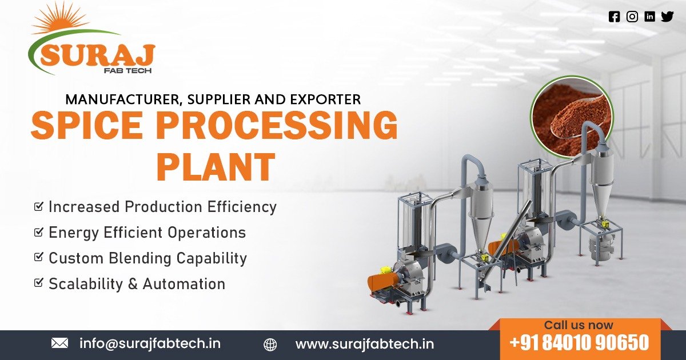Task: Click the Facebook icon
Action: pos(615,17)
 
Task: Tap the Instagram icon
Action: pos(632,17)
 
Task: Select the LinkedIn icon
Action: pos(649,17)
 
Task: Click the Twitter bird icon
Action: pos(667,17)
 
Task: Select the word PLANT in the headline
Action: pos(216,167)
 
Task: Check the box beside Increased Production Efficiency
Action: pos(39,206)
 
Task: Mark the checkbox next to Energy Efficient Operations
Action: pos(39,232)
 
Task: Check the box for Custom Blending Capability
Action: pos(39,258)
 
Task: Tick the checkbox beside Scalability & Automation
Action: pos(39,283)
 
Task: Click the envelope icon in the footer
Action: pos(59,343)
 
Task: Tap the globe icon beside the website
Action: pos(270,345)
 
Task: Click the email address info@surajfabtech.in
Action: pos(150,343)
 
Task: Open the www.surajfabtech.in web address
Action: pos(364,344)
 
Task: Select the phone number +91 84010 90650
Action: pos(579,343)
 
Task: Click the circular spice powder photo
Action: pos(572,117)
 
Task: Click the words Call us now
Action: pos(579,325)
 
